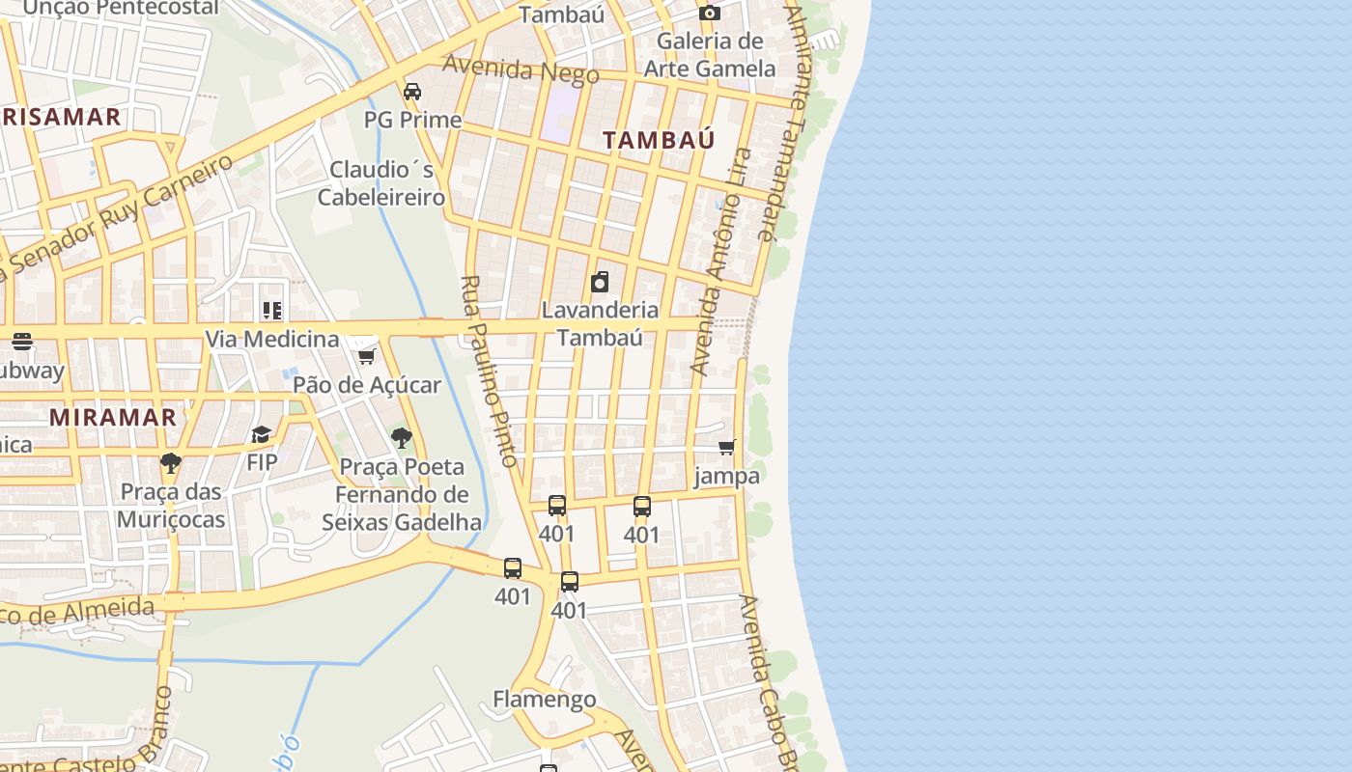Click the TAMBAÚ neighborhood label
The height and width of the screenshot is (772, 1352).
click(x=659, y=140)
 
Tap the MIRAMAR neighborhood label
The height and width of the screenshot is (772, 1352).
click(x=113, y=417)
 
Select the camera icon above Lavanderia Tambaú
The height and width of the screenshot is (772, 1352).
click(x=600, y=282)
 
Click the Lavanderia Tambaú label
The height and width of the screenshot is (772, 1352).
click(x=600, y=323)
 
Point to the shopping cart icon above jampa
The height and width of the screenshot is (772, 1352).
click(x=727, y=447)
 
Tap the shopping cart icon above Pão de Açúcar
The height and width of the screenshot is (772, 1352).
click(x=366, y=357)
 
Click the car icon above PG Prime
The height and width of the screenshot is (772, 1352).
click(x=412, y=92)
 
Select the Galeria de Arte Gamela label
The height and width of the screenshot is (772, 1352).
click(x=710, y=55)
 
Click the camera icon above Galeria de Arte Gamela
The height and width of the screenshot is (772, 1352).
click(x=710, y=13)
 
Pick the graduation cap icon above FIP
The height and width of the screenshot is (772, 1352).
click(x=262, y=434)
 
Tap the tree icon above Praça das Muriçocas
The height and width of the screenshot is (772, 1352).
click(x=171, y=463)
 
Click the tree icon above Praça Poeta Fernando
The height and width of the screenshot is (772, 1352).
click(x=402, y=439)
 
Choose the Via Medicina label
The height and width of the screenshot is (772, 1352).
click(x=271, y=340)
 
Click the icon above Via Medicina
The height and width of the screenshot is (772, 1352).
click(x=272, y=311)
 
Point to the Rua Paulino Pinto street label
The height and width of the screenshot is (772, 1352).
click(x=490, y=372)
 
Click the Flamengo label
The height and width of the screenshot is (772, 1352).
click(x=544, y=699)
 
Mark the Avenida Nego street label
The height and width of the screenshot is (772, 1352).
click(x=521, y=69)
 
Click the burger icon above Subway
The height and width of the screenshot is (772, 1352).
click(x=21, y=342)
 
